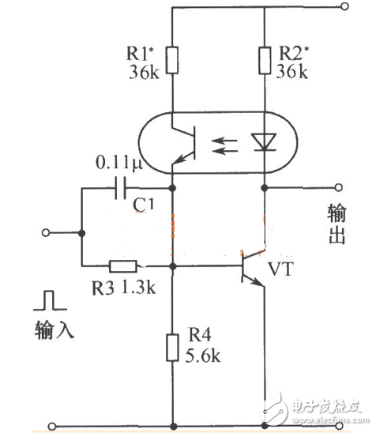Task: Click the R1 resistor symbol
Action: point(172,59)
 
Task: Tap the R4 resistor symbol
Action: point(172,348)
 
